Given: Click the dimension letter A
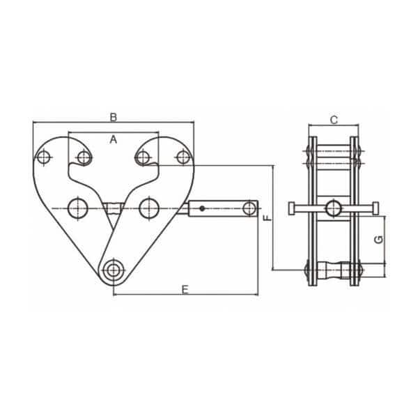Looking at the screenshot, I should pos(114,140).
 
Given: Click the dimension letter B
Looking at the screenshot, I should pos(114,116).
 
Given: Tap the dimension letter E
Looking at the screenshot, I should pos(185,289).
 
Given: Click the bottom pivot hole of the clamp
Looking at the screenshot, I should pos(114,270).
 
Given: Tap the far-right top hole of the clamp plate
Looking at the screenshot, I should pos(183,157).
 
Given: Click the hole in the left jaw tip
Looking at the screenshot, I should pos(84,157).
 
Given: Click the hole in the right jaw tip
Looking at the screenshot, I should pos(143,157).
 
